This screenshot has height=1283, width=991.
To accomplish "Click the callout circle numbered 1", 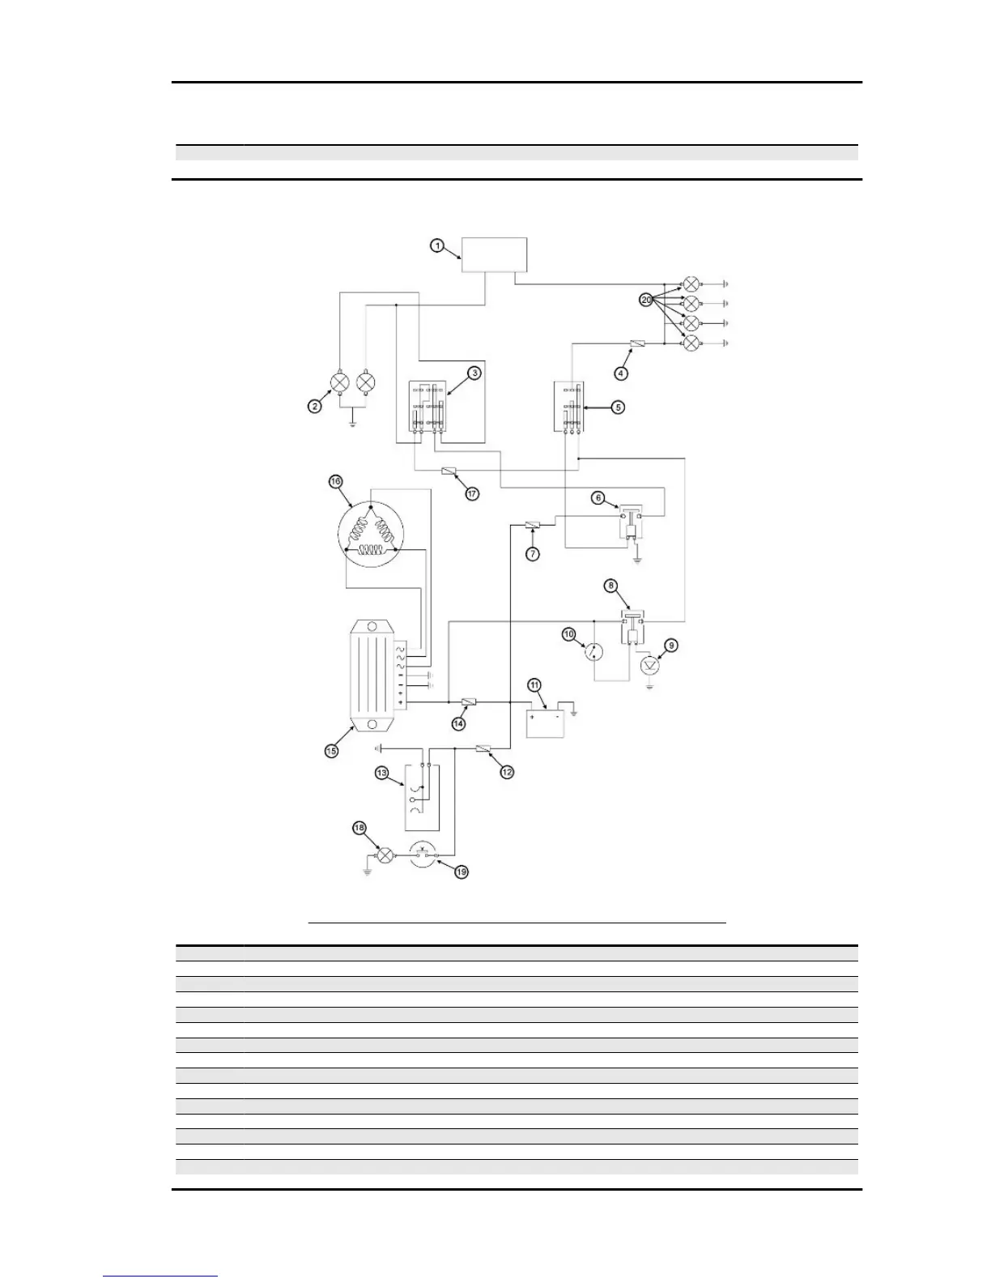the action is [x=436, y=245].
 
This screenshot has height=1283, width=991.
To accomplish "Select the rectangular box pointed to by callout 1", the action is [x=494, y=255].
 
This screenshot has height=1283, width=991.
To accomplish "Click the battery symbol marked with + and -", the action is [x=546, y=720].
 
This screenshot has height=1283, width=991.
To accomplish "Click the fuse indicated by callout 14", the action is [x=468, y=701].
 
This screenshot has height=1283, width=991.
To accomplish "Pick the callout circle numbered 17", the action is [x=472, y=492].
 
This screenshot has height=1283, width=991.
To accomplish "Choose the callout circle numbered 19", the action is [x=461, y=872].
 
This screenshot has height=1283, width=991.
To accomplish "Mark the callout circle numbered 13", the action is [x=381, y=774].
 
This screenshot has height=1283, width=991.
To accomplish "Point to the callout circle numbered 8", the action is [x=611, y=585].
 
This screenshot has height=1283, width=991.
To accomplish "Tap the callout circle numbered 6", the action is [x=598, y=498].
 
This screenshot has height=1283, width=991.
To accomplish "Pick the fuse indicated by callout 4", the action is [x=637, y=344].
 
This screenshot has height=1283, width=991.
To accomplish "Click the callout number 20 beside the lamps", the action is [x=646, y=300].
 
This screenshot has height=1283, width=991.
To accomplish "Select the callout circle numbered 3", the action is [x=474, y=373].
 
